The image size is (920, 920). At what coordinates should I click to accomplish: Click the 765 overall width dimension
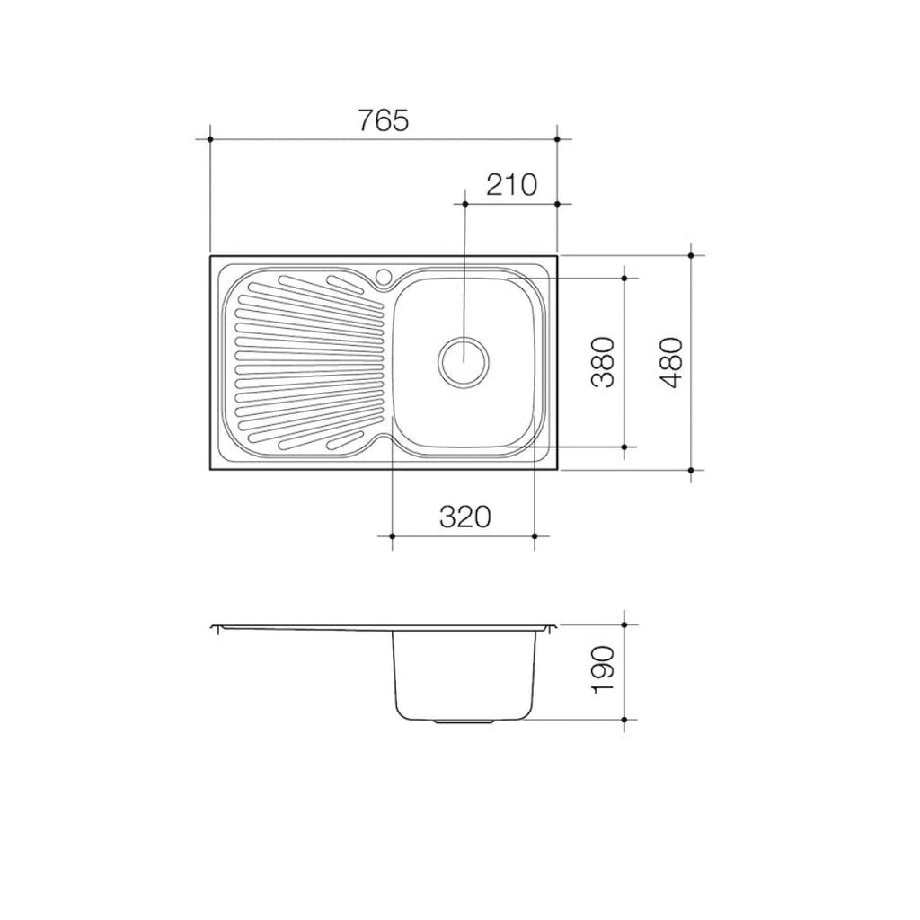tap(384, 119)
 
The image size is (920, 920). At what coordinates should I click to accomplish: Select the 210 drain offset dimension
tap(510, 185)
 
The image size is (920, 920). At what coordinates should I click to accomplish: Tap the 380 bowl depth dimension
tap(603, 361)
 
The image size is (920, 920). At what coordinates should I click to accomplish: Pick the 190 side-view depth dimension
tap(603, 671)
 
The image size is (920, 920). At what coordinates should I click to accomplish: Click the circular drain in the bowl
tap(464, 361)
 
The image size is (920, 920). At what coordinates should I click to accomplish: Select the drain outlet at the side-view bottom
tap(464, 721)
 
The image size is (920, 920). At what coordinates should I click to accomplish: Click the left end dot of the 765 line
tap(209, 139)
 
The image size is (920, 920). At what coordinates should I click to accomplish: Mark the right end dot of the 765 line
tap(558, 139)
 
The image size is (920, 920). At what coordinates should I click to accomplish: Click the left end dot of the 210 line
tap(464, 204)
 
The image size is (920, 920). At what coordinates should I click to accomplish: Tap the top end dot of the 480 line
tap(690, 255)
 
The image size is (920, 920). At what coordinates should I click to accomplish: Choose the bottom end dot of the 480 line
tap(690, 470)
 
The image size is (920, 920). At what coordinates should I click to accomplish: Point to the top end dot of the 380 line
tap(625, 278)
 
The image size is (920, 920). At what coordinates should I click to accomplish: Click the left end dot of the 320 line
tap(394, 536)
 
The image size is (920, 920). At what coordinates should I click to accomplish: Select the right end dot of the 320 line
tap(535, 536)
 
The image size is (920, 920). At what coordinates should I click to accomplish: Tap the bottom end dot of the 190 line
tap(625, 720)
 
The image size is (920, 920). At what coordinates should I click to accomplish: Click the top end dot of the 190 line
tap(625, 624)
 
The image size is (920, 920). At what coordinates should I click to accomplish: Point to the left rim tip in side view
tap(212, 626)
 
